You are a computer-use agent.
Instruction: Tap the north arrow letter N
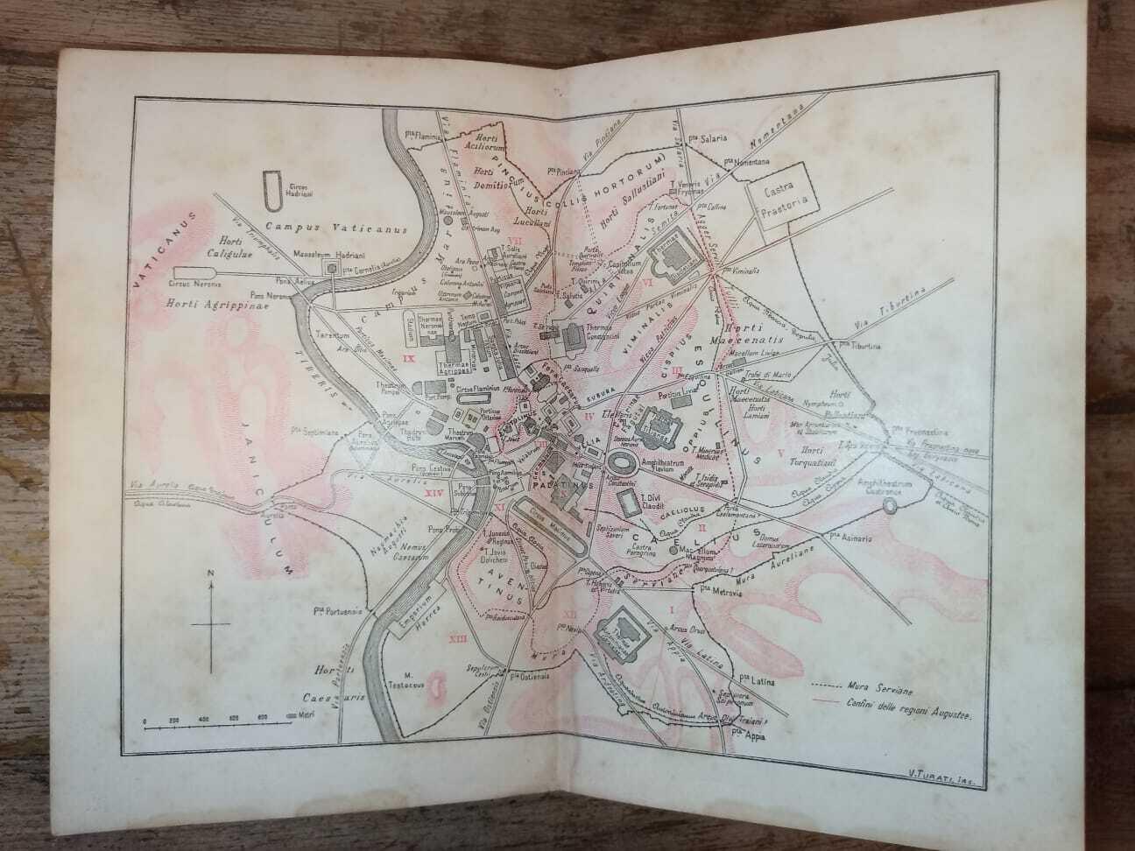[210, 573]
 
